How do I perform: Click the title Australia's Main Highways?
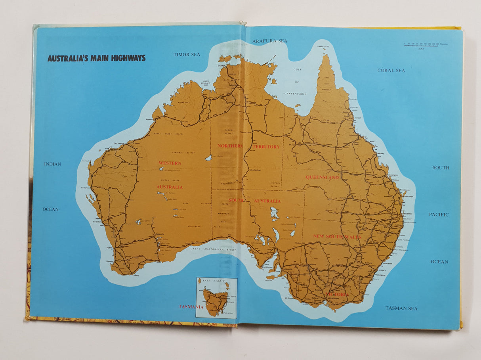click(x=96, y=58)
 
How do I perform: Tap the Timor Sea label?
click(x=187, y=54)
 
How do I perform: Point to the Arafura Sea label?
click(x=269, y=41)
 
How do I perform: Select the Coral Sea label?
click(x=391, y=70)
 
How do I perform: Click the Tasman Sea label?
click(x=401, y=308)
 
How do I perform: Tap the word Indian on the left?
click(x=53, y=164)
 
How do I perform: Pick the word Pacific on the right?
click(x=439, y=214)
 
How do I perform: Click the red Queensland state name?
click(x=322, y=177)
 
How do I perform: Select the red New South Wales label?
click(x=337, y=236)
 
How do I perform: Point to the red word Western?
click(x=170, y=163)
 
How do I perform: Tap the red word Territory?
click(x=266, y=147)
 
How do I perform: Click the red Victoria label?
click(x=338, y=295)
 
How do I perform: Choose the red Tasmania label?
click(x=191, y=306)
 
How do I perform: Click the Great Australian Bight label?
click(x=213, y=249)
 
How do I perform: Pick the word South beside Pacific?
click(x=441, y=168)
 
